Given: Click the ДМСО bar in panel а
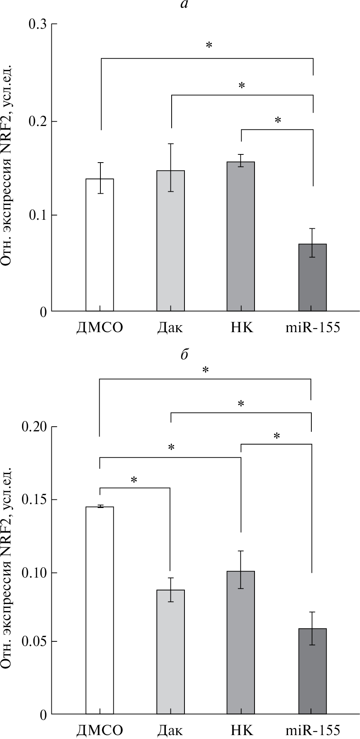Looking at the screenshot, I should (99, 245).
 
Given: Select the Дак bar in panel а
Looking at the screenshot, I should (170, 241).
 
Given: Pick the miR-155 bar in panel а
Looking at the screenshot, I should (313, 278).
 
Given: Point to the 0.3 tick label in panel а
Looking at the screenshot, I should (37, 24).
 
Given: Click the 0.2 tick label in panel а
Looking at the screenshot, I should (37, 121).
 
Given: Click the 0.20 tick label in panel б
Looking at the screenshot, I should (34, 427).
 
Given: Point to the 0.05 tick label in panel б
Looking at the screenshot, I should (34, 641).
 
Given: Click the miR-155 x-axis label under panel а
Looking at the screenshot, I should (313, 327).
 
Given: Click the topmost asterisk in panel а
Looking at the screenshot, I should (209, 46).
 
